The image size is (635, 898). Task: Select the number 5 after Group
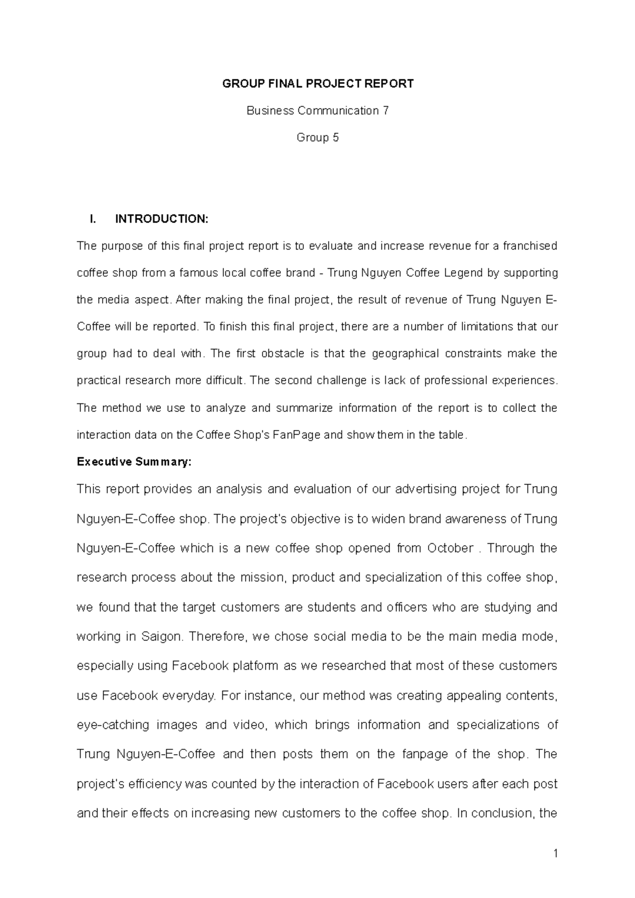pos(335,138)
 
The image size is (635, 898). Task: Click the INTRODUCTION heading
pos(162,219)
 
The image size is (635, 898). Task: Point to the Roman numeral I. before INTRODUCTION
pos(94,219)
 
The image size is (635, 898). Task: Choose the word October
pos(450,548)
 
